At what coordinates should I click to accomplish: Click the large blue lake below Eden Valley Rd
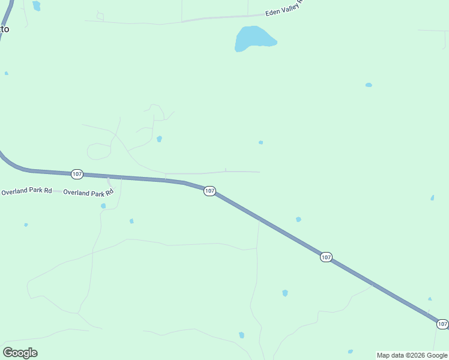[x=253, y=38]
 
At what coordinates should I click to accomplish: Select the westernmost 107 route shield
[x=77, y=174]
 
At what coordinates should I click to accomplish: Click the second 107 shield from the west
[x=209, y=191]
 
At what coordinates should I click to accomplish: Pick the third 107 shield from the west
[x=325, y=257]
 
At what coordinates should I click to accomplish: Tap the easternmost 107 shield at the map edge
[x=442, y=324]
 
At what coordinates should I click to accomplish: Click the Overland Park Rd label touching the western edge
[x=26, y=192]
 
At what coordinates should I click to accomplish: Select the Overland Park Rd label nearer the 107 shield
[x=88, y=193]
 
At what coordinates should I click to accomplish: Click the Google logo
[x=20, y=353]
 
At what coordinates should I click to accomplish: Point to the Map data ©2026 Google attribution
[x=412, y=355]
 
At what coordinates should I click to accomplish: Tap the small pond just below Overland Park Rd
[x=103, y=206]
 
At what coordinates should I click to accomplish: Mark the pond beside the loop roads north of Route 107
[x=159, y=139]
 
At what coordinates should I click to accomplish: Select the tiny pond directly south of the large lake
[x=261, y=142]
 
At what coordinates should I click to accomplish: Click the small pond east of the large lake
[x=369, y=85]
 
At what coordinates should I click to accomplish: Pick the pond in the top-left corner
[x=37, y=5]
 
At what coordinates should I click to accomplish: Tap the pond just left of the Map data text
[x=350, y=352]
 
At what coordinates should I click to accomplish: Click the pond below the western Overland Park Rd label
[x=26, y=225]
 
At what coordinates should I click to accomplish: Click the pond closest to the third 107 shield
[x=298, y=220]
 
